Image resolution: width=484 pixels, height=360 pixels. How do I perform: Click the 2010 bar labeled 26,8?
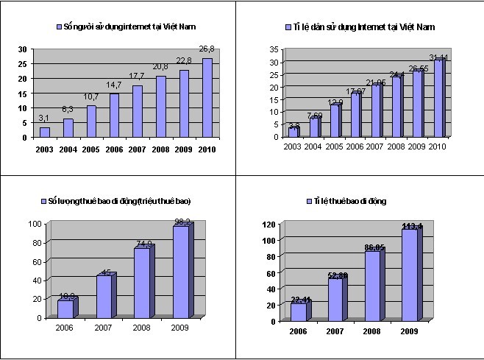(x=207, y=97)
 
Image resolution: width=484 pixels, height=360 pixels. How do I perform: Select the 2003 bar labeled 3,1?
(x=45, y=132)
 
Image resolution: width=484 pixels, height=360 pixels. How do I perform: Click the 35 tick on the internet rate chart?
(x=273, y=50)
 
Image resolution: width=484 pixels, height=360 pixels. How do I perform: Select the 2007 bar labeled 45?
(x=104, y=296)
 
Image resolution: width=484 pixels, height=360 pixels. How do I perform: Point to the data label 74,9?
(x=143, y=244)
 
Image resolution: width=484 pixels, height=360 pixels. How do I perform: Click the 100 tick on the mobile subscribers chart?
(x=35, y=223)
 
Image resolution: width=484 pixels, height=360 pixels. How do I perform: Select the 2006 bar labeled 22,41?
(x=298, y=311)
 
